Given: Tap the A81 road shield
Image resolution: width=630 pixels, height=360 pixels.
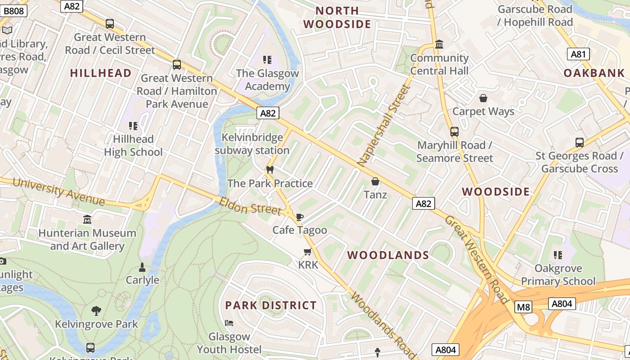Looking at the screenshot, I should click(578, 54).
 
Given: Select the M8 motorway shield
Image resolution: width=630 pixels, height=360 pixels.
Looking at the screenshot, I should click(523, 307).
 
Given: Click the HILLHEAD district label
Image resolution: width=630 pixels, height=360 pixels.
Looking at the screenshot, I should click(101, 73).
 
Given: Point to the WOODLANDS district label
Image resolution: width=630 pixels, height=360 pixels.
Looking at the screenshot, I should click(388, 255).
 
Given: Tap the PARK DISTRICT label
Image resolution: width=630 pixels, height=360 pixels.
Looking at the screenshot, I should click(271, 305).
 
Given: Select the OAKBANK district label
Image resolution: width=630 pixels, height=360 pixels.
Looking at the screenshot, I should click(594, 73).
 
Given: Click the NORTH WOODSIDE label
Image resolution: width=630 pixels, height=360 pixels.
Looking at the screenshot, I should click(337, 17).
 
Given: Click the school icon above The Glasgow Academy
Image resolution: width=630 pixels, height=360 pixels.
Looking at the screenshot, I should click(267, 60).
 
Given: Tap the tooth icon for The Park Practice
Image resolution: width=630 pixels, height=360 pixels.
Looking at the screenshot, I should click(270, 170).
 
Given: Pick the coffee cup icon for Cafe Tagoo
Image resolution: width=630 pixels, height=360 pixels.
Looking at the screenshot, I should click(300, 217).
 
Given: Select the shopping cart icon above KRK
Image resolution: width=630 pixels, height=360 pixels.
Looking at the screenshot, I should click(308, 252).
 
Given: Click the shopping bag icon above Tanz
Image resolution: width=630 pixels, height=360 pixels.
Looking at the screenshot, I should click(375, 181).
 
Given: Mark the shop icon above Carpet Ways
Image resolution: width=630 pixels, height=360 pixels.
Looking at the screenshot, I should click(483, 98).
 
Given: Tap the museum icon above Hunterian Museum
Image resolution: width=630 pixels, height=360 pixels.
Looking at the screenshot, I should click(87, 220).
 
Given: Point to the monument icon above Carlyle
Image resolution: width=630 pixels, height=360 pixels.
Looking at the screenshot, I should click(142, 267).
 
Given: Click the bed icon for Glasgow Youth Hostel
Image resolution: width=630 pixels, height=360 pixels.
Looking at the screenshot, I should click(229, 323).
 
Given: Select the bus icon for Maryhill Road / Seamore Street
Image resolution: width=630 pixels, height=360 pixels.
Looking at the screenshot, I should click(454, 132).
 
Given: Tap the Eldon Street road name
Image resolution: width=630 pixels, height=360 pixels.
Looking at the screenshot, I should click(250, 206).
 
